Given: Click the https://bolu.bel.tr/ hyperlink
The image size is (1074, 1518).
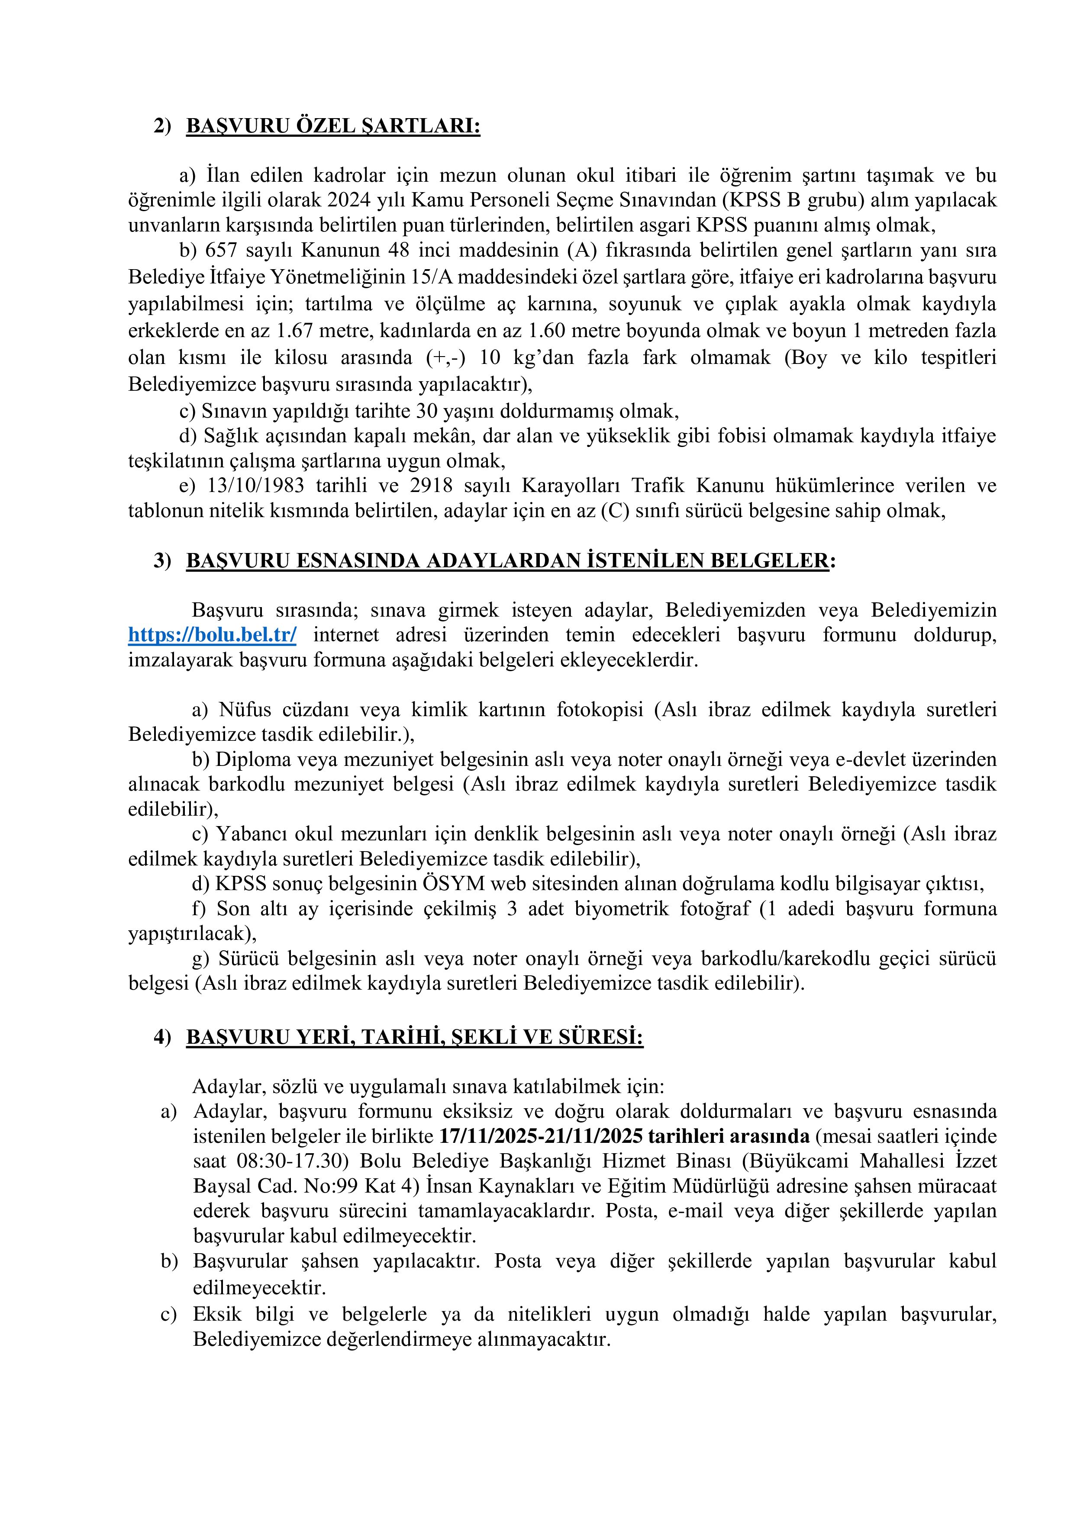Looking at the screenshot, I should (x=212, y=635).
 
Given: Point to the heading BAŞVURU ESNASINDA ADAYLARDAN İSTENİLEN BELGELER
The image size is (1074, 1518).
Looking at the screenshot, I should (x=507, y=561).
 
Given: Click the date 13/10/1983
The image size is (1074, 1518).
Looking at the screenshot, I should (x=255, y=486).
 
